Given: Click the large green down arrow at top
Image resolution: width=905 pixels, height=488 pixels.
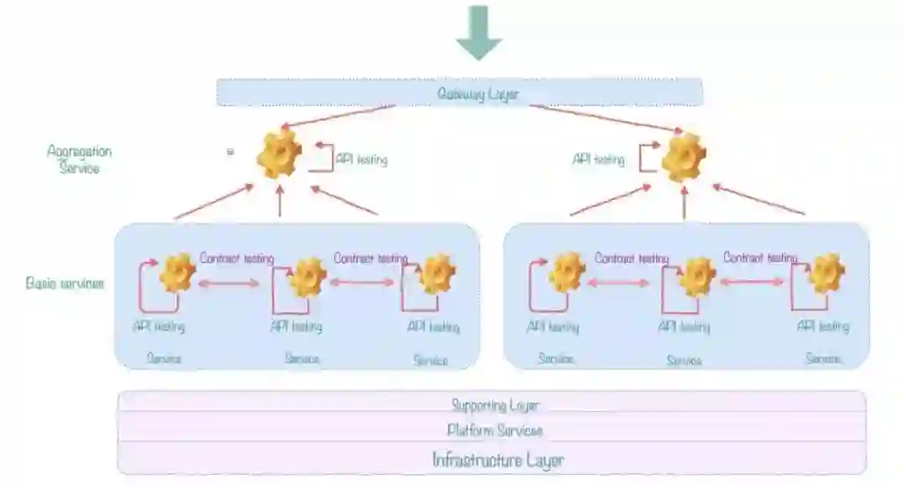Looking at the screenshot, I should [x=478, y=32].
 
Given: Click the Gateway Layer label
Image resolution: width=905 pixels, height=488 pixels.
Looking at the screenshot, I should [x=478, y=94].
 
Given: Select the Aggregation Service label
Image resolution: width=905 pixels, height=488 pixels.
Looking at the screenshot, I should [x=80, y=159].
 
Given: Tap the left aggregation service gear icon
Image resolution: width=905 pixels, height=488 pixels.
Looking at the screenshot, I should [x=279, y=153].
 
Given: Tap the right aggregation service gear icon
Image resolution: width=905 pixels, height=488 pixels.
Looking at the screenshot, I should [x=684, y=157].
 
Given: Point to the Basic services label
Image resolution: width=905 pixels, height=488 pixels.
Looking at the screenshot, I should [x=65, y=283].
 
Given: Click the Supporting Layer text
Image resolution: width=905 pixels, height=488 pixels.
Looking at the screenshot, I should [x=494, y=406].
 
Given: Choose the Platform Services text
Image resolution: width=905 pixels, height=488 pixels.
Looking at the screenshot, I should [x=494, y=430].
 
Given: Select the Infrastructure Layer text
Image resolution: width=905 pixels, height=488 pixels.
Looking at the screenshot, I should [x=498, y=460].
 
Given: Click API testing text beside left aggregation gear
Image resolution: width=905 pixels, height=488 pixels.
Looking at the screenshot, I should [x=361, y=159].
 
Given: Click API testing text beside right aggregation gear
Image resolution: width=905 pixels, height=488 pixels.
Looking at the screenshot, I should [x=598, y=159].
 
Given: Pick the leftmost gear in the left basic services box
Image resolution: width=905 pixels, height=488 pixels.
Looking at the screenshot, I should [x=178, y=273].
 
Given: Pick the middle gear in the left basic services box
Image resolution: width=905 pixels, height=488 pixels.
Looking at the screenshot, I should [x=308, y=277].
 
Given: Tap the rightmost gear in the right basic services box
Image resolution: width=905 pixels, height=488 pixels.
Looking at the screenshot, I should [x=827, y=274].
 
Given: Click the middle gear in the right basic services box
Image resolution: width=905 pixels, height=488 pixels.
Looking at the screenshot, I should [x=696, y=277].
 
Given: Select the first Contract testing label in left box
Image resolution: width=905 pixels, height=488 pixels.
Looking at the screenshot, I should [x=236, y=259].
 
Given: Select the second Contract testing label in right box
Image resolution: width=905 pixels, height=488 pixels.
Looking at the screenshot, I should [x=760, y=258].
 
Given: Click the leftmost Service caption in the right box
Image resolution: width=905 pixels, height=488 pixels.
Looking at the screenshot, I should [x=556, y=359].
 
